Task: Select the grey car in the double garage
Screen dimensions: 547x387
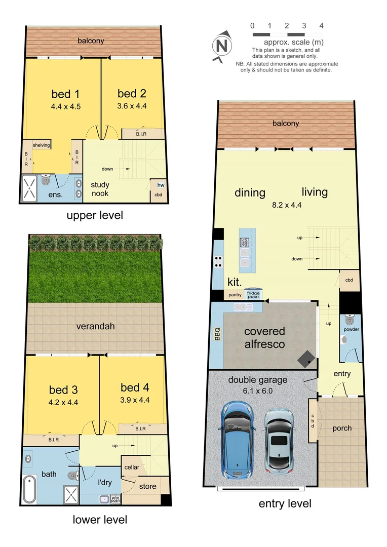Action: [x=279, y=440]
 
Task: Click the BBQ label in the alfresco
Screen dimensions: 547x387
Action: [x=217, y=335]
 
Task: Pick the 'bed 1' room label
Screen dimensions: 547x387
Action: [x=65, y=94]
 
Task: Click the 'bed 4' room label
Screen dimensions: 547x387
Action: [x=135, y=388]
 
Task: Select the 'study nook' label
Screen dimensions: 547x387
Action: [x=100, y=189]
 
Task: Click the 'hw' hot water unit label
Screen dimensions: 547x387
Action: [x=161, y=185]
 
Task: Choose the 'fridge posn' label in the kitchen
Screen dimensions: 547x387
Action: [x=253, y=294]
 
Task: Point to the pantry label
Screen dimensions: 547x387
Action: [x=235, y=294]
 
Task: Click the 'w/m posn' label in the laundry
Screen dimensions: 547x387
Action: [x=116, y=498]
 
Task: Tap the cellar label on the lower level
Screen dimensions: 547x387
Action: [x=132, y=467]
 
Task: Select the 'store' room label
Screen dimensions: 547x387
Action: [x=147, y=486]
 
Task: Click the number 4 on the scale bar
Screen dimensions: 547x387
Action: [x=321, y=25]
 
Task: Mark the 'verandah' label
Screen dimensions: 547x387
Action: [x=96, y=327]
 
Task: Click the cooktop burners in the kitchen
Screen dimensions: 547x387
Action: [x=218, y=261]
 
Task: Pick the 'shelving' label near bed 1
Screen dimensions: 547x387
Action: [x=42, y=145]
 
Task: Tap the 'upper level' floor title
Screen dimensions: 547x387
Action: [x=95, y=215]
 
